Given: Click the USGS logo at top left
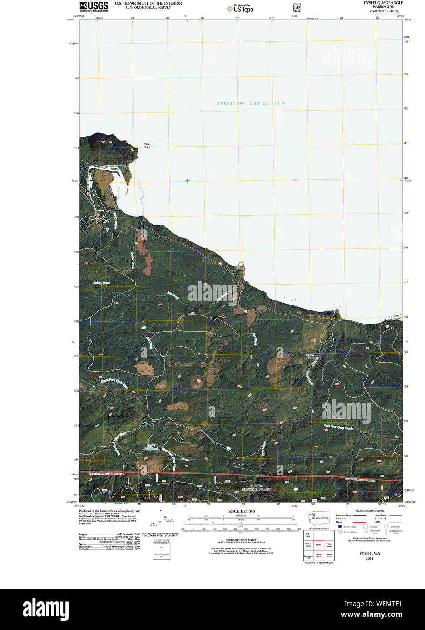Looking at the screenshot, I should pyautogui.click(x=94, y=6).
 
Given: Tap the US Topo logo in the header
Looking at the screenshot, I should pyautogui.click(x=240, y=8).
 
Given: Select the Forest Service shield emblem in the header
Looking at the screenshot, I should pyautogui.click(x=297, y=8).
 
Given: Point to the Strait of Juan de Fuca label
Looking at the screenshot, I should pyautogui.click(x=251, y=103).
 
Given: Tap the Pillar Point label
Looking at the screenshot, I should pyautogui.click(x=147, y=145).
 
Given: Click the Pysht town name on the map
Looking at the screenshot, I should pyautogui.click(x=106, y=221).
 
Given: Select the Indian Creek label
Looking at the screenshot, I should pyautogui.click(x=102, y=283).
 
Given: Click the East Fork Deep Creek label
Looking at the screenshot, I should pyautogui.click(x=338, y=427).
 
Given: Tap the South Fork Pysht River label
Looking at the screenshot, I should pyautogui.click(x=114, y=383).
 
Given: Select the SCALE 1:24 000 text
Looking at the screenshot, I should pyautogui.click(x=241, y=511).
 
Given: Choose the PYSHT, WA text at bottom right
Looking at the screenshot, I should pyautogui.click(x=369, y=553).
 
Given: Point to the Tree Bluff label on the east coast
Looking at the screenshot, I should pyautogui.click(x=396, y=317).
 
